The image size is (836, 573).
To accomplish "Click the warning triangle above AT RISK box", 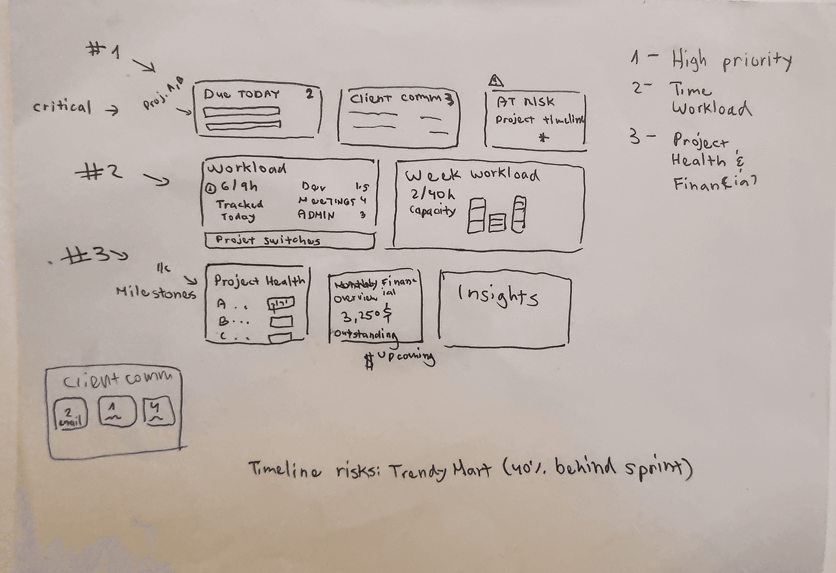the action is coord(496,81).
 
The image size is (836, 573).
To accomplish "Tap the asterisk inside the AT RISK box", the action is coord(545,137).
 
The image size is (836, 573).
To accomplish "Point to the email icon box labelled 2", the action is coord(70,414).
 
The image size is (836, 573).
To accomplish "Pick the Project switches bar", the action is coord(289,240).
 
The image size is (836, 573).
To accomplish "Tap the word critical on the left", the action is coord(62,107).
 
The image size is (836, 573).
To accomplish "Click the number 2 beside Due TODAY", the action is coord(309,94).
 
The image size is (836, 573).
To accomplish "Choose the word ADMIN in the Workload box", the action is coord(316,214).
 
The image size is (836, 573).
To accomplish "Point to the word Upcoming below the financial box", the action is coord(406,357).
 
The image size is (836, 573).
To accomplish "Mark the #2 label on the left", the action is coord(99,172).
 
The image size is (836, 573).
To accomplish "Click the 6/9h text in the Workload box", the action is coord(239,187).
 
